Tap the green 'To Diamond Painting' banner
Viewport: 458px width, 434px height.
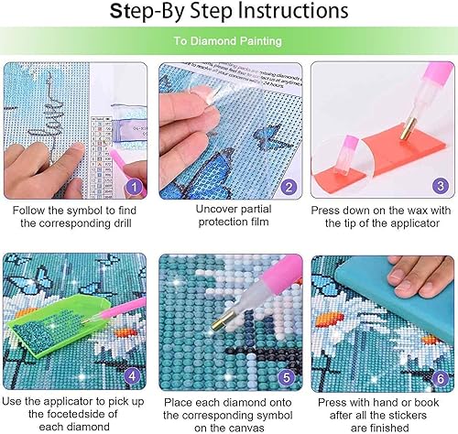(229, 41)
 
